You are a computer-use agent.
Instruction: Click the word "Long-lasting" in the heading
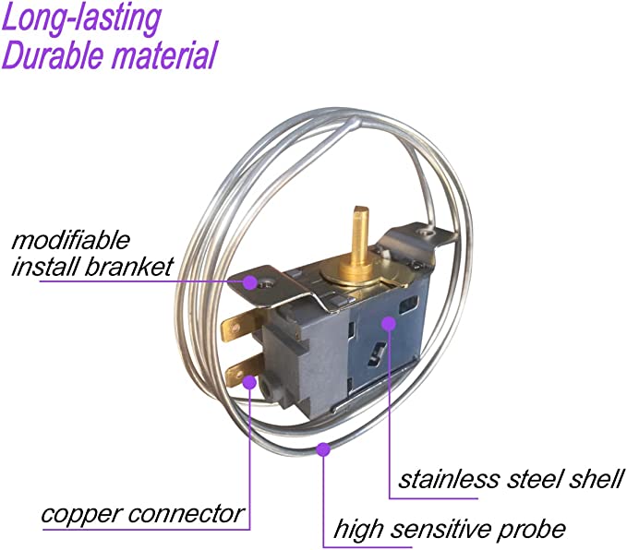[81, 18]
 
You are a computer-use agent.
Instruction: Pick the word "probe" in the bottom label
[533, 530]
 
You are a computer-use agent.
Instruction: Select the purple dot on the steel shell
[388, 324]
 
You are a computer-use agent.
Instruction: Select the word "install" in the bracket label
[42, 268]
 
